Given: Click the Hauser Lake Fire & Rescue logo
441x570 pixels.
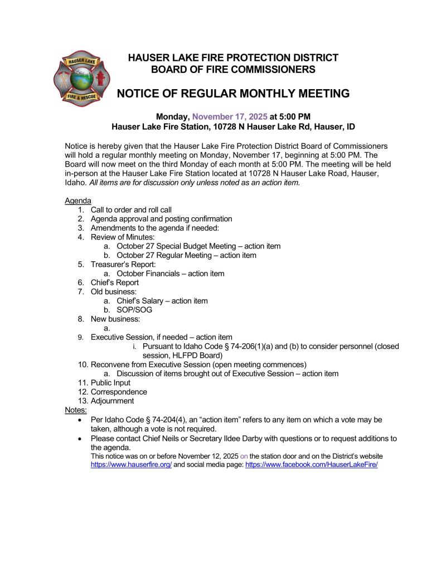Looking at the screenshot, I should point(81,79).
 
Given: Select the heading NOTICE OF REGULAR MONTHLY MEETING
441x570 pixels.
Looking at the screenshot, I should point(233,94).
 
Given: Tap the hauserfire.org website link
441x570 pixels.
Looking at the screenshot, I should point(131,464).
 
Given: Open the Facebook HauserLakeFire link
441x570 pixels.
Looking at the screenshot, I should point(311,464).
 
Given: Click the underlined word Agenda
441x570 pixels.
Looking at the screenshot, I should point(78,201).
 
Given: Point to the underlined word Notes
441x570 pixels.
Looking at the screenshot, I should point(76,410).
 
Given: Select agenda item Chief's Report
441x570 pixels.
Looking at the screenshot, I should point(115,282).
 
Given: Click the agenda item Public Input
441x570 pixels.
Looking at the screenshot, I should point(110,383).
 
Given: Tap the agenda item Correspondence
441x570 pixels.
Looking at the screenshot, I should point(119,392).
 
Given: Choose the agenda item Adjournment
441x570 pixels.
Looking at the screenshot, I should point(112,401).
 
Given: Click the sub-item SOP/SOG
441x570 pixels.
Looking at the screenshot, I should point(134,310).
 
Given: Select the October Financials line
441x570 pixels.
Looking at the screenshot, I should point(171,274).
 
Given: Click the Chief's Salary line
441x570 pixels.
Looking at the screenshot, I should point(162,301).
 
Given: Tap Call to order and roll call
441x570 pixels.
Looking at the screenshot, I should point(131,210).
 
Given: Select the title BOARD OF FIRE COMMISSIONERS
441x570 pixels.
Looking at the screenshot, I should point(233,70).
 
